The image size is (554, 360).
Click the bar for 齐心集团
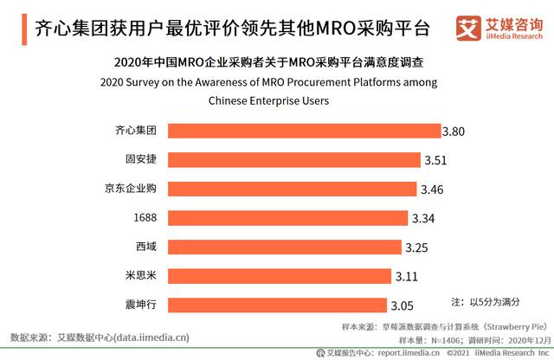tap(303, 131)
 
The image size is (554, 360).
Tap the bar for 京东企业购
tap(292, 189)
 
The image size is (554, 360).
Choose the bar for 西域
tap(284, 247)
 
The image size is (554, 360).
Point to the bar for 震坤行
tap(276, 305)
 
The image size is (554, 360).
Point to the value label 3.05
tap(403, 305)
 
